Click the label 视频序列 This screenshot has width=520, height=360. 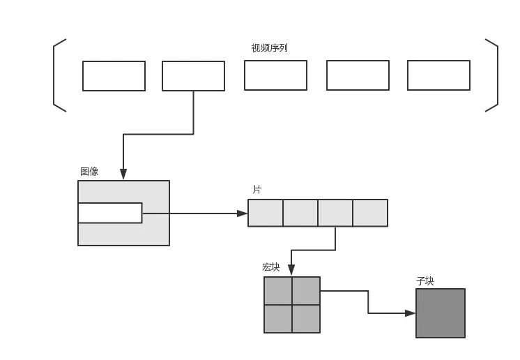269,48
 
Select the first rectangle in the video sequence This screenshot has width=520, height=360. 114,76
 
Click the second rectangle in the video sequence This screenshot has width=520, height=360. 193,76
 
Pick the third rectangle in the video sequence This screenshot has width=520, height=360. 275,75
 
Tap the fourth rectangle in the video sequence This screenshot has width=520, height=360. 358,75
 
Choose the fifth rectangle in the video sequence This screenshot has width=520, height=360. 438,75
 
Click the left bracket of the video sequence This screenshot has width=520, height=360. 56,75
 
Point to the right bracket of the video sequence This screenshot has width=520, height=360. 495,75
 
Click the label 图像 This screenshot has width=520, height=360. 89,172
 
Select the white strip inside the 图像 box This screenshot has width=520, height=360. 110,213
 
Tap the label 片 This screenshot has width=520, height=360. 257,190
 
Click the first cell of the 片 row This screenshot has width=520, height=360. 266,213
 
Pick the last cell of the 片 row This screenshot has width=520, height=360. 370,213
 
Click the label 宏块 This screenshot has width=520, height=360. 270,267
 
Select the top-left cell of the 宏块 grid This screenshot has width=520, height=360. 277,291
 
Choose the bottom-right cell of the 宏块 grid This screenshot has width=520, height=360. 306,319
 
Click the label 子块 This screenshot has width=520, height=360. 425,281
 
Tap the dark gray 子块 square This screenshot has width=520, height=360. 441,313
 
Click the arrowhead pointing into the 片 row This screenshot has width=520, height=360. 243,213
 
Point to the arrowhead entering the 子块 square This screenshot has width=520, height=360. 411,313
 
